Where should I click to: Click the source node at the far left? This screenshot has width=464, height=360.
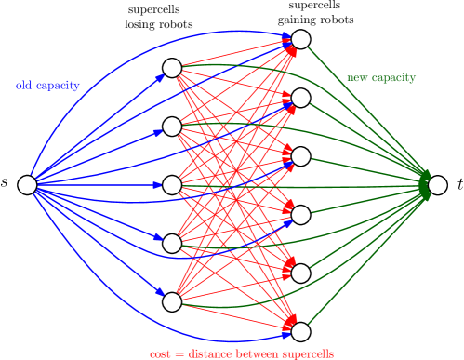click(x=27, y=185)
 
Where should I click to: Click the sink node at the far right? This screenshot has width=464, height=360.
click(x=437, y=185)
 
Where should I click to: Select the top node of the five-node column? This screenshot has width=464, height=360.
click(x=172, y=68)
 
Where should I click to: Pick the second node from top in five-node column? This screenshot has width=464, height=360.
click(x=172, y=127)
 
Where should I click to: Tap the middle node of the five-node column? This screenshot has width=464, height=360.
click(x=172, y=185)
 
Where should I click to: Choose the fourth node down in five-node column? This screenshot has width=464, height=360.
click(x=172, y=244)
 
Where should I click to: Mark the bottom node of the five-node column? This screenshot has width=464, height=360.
click(x=172, y=301)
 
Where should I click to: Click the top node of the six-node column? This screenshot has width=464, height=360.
click(x=300, y=39)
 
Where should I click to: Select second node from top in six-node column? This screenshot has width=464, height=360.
click(x=300, y=98)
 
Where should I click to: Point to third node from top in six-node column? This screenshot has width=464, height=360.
click(x=300, y=156)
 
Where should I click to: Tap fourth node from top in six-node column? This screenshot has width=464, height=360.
click(x=300, y=215)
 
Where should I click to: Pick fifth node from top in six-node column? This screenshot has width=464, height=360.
click(x=300, y=273)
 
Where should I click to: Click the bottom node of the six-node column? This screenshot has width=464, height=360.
click(x=300, y=331)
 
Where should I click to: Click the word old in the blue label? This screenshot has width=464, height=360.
click(x=23, y=86)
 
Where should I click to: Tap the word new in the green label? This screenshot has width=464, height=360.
click(x=356, y=78)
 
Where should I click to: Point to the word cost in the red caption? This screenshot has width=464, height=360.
click(x=160, y=354)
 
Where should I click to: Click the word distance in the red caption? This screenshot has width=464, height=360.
click(x=209, y=354)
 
